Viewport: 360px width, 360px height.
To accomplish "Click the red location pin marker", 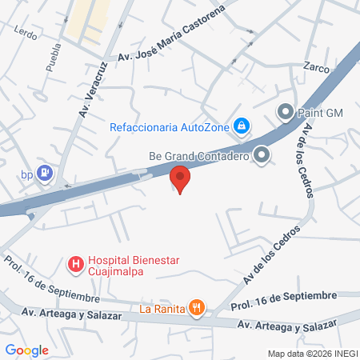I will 181,178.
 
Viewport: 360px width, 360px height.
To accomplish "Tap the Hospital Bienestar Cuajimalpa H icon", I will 75,262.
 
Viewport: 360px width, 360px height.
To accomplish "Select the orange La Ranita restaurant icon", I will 197,307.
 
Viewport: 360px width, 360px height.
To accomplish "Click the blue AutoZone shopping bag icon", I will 241,126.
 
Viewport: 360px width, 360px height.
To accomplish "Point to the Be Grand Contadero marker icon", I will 262,155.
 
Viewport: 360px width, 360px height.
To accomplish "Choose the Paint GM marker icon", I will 286,113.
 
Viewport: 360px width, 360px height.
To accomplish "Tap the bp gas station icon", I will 46,171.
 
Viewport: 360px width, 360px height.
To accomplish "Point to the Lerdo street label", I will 26,33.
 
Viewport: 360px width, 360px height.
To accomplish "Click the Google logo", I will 26,350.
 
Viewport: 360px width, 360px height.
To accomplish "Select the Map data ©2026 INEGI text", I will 312,353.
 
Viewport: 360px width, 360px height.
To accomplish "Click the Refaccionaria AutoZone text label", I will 170,126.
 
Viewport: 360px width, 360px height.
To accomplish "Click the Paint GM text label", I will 321,113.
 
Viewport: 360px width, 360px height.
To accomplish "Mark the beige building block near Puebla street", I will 87,20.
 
